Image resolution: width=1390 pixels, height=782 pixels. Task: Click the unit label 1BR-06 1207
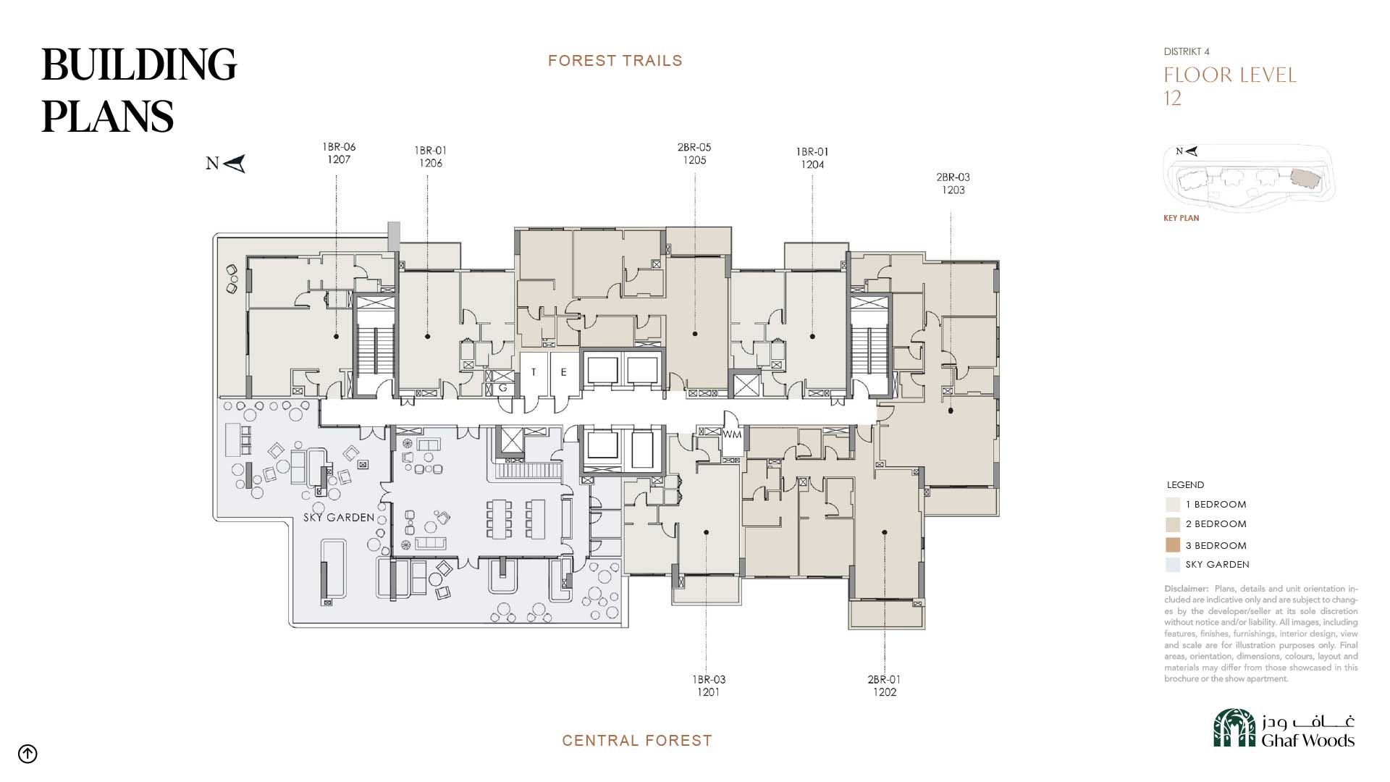coord(339,154)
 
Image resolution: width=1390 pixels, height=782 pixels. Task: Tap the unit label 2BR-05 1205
coord(694,154)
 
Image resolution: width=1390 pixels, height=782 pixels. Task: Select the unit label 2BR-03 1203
coord(953,183)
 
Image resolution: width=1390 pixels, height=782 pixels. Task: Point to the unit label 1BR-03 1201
coord(709,686)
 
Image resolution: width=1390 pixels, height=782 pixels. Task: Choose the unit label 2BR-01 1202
coord(884,686)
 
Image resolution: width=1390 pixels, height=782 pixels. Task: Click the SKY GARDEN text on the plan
coord(339,518)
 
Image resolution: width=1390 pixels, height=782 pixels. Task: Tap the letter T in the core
coord(534,372)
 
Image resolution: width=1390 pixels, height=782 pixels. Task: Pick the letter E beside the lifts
coord(563,372)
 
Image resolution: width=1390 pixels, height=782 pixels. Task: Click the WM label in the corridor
coord(732,434)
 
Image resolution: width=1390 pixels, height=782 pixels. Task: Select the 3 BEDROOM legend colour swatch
coord(1173,545)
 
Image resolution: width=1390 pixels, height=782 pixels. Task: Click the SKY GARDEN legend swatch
coord(1173,565)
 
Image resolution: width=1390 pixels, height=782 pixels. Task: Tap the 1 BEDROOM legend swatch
coord(1173,505)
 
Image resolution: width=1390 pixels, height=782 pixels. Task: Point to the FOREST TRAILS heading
coord(615,61)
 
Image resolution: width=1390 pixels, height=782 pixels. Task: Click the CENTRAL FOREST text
coord(637,741)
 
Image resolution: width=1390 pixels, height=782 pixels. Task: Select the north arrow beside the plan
coord(234,164)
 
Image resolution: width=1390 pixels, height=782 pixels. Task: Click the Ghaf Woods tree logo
coord(1234,728)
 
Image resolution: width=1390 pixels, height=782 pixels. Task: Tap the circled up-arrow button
coord(28,754)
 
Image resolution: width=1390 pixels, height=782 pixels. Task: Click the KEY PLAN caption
coord(1181,218)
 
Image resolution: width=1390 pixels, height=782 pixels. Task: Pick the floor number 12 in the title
coord(1173,98)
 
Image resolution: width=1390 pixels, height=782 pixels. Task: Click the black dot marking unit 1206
coord(428,337)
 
